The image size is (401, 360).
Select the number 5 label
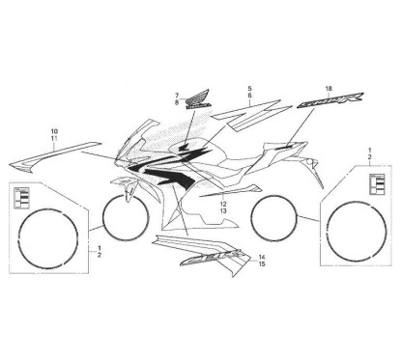[x=248, y=88]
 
